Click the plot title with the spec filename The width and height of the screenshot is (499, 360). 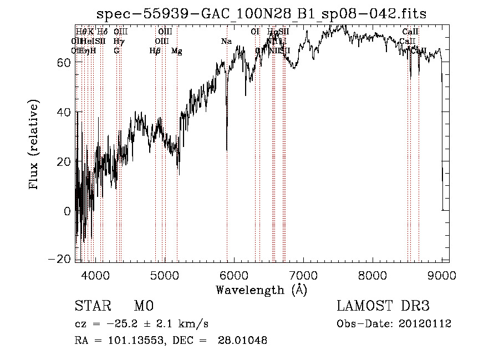[x=261, y=14]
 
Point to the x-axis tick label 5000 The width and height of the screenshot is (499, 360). [x=165, y=275]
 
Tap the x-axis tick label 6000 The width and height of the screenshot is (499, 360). [x=234, y=275]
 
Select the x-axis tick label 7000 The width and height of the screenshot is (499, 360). [x=303, y=275]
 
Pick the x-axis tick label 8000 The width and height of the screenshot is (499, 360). [x=373, y=275]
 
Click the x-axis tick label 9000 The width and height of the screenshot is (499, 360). [x=441, y=275]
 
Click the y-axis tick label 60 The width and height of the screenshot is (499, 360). [x=62, y=63]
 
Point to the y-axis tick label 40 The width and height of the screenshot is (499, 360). [x=62, y=112]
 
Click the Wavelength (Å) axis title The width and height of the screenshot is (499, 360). [x=261, y=290]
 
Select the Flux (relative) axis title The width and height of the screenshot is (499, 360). [x=34, y=145]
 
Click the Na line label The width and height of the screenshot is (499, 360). [x=226, y=42]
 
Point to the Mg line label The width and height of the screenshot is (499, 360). [x=176, y=51]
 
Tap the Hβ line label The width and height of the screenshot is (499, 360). [x=155, y=51]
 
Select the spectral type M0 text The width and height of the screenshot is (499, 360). [x=143, y=306]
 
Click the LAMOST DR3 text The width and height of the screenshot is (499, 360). [x=383, y=306]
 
